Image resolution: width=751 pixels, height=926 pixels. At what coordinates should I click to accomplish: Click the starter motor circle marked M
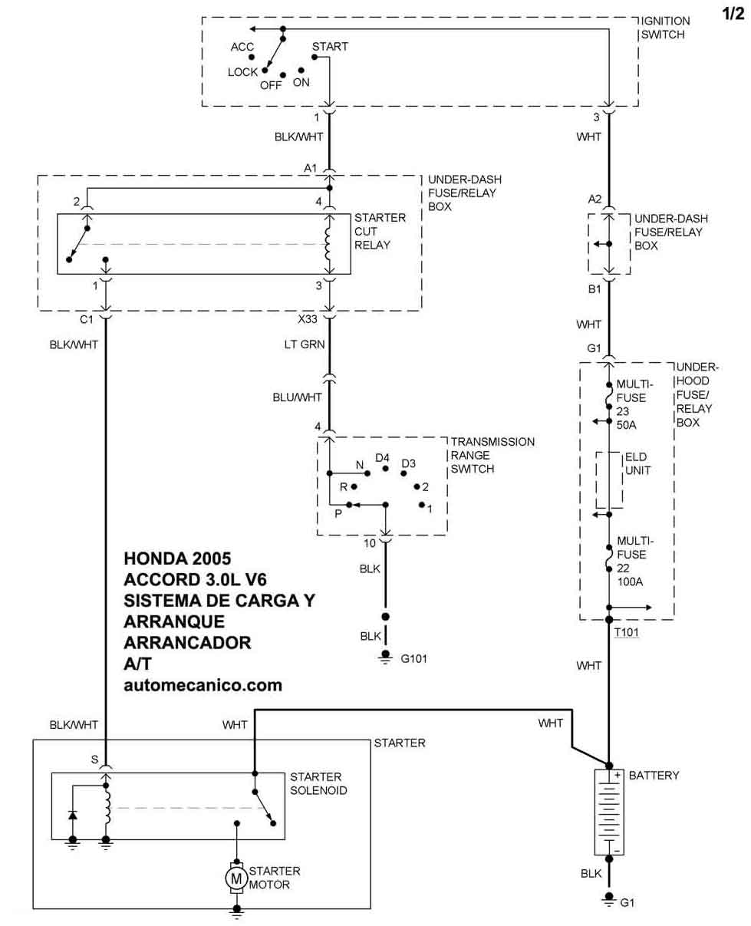click(237, 878)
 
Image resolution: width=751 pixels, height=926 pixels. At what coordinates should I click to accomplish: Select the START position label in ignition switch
click(330, 47)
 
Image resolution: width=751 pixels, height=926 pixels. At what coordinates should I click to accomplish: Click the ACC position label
click(242, 48)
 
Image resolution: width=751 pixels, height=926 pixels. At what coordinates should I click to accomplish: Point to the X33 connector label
click(308, 319)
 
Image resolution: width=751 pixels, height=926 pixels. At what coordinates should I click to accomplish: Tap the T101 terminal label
click(627, 633)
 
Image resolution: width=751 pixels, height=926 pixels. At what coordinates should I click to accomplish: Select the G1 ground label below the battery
click(627, 903)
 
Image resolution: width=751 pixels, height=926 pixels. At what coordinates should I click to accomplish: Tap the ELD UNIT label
click(637, 463)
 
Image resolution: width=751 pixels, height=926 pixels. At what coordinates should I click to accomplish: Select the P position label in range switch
click(338, 513)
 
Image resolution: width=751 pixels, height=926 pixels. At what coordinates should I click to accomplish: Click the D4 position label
click(383, 458)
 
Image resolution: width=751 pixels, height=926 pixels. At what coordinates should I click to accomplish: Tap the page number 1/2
click(733, 13)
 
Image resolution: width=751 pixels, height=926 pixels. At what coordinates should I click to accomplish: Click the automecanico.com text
click(203, 684)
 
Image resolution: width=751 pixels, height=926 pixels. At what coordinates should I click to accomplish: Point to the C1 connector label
click(86, 319)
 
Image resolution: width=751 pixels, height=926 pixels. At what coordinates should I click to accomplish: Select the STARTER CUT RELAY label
click(380, 232)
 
